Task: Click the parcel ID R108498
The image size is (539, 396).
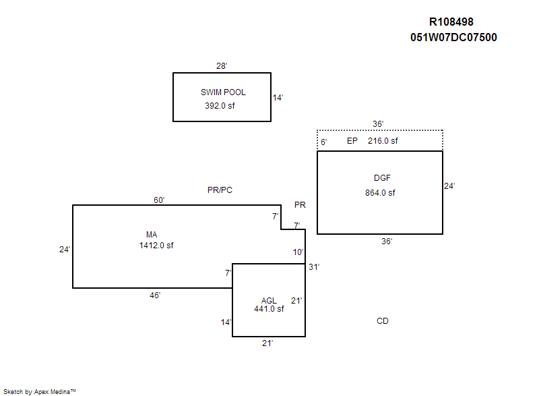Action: [455, 22]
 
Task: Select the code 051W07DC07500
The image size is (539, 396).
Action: [453, 38]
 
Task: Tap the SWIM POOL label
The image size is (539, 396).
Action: [223, 92]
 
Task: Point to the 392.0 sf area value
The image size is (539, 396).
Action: [220, 106]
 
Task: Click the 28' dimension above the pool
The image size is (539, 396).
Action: [222, 66]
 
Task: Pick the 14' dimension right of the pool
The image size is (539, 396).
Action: [278, 98]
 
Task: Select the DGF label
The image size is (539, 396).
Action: [382, 178]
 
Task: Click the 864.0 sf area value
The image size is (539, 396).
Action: [380, 193]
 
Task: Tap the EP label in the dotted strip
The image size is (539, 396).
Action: [352, 141]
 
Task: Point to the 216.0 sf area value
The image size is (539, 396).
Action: [383, 141]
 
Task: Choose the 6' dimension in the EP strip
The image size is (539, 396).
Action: [323, 142]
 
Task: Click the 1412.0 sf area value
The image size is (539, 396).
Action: [156, 246]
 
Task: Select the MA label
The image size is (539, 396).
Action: [152, 234]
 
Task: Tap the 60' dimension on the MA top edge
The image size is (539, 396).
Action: [159, 200]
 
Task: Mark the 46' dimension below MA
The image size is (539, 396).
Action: [155, 295]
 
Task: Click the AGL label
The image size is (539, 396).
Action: [269, 300]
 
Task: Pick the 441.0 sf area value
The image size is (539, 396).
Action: [269, 309]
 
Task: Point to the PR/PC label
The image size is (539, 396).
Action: [220, 190]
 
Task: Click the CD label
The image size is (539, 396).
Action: [382, 321]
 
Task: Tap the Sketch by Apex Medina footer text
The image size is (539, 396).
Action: [40, 391]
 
